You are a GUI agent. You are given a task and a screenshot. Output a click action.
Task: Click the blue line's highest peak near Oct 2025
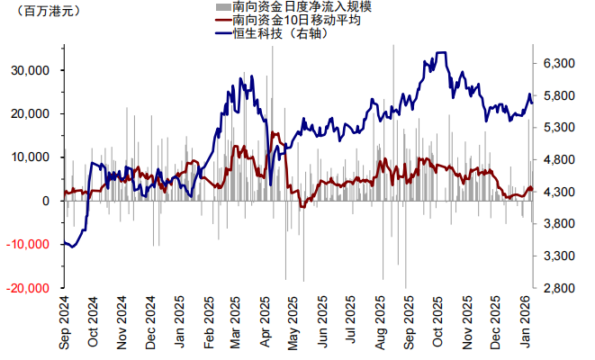pyautogui.click(x=441, y=53)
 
